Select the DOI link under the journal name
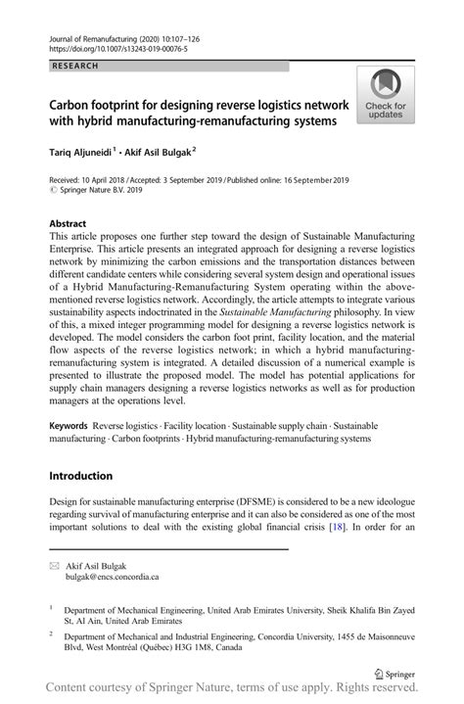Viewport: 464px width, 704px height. [x=109, y=47]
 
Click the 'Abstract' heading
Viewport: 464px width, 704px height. [x=68, y=223]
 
